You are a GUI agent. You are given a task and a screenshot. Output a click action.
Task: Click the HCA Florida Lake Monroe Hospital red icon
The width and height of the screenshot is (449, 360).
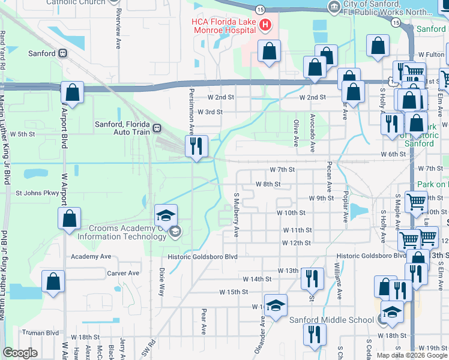tap(265, 25)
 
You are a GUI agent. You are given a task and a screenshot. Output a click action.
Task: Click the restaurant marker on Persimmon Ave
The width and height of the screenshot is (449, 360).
tap(196, 146)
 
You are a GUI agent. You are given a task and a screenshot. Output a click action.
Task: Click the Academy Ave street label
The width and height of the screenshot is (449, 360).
tap(91, 256)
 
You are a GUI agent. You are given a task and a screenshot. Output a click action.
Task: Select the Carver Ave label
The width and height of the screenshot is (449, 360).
tap(122, 273)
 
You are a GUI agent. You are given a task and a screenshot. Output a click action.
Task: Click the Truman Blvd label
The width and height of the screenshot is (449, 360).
tap(40, 332)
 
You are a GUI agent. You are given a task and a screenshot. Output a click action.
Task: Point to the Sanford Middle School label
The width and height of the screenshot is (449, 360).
tap(331, 320)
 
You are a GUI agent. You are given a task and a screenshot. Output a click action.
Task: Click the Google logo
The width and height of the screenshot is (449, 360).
tap(20, 353)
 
